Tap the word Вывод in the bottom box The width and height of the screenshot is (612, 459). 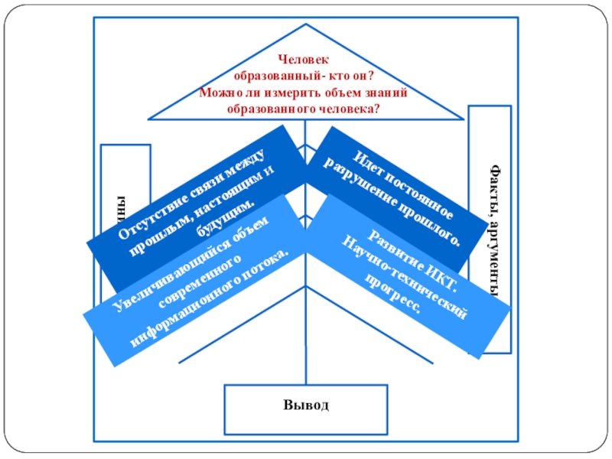[x=304, y=405]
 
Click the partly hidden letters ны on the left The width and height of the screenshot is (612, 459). [x=119, y=211]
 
